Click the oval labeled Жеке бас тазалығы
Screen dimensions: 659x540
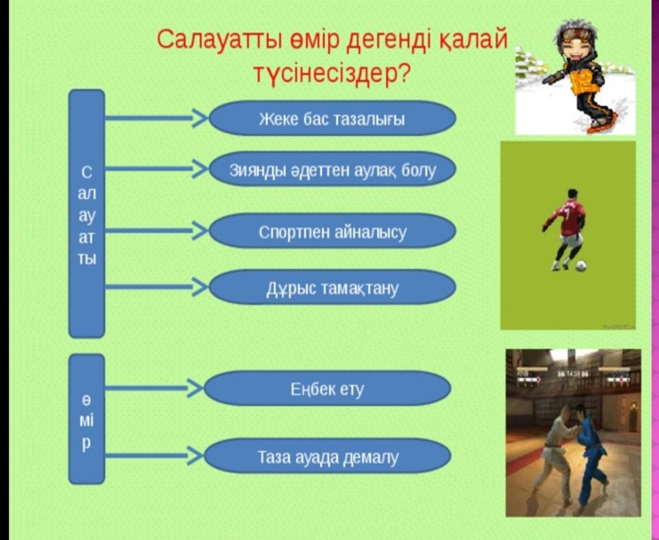tap(333, 118)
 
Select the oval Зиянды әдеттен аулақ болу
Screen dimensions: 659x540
tap(333, 169)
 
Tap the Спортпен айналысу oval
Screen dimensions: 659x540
tap(333, 231)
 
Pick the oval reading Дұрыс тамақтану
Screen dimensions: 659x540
tap(333, 287)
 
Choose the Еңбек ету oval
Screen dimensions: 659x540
tap(327, 388)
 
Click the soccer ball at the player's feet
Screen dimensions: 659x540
tap(580, 266)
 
